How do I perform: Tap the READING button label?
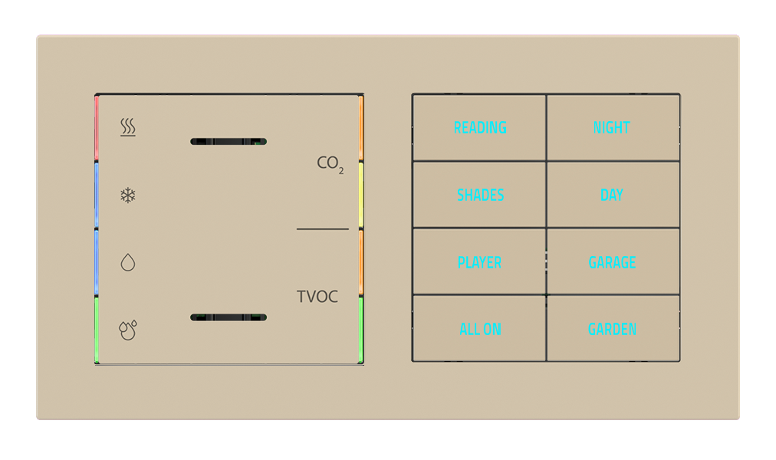point(480,127)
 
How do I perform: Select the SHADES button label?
point(480,195)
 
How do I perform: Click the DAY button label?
point(612,195)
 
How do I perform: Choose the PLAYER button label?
point(479,262)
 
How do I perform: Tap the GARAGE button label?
point(612,262)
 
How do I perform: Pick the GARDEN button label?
point(612,329)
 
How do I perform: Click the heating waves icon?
point(128,127)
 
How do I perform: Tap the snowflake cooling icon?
point(128,195)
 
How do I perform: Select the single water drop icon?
point(128,263)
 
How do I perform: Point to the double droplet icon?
point(128,329)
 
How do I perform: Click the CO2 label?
point(330,164)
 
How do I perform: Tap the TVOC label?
point(317,297)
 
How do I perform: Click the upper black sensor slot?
point(228,141)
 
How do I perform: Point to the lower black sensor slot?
point(228,317)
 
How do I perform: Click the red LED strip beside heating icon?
point(97,129)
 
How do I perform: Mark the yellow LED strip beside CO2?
point(360,195)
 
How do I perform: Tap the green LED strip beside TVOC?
point(360,329)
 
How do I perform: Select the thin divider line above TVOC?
point(322,228)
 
